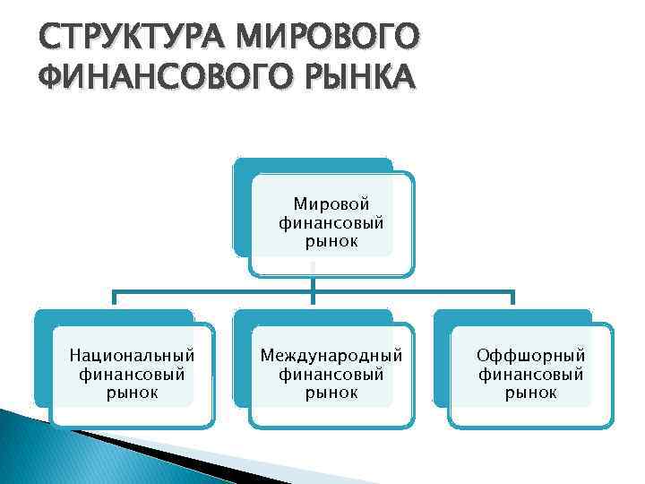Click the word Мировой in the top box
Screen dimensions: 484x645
pos(331,205)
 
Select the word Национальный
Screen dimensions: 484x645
pos(132,356)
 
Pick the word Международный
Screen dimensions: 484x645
pos(331,356)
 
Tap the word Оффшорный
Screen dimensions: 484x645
pos(530,356)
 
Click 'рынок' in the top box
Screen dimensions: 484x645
pos(331,241)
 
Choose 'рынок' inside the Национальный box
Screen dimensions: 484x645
pos(132,392)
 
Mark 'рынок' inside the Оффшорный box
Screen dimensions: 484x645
pos(530,392)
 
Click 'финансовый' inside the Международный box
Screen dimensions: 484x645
pos(331,374)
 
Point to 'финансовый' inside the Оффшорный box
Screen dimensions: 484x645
pos(530,374)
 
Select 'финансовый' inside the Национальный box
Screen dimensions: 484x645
pos(132,374)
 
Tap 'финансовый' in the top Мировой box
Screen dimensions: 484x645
pos(331,223)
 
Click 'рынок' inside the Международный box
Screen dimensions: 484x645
pos(331,392)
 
